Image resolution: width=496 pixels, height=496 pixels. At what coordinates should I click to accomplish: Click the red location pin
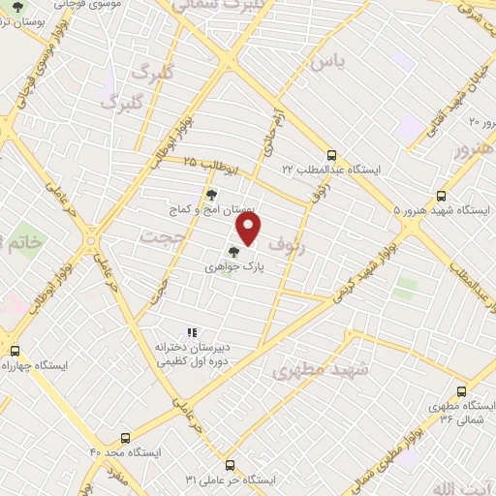click(249, 229)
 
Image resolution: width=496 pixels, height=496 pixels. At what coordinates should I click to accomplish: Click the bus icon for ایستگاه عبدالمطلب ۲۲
click(332, 154)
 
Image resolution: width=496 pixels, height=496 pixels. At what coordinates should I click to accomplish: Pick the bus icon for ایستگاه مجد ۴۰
click(124, 438)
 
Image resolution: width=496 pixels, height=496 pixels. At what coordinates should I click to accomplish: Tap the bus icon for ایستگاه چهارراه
click(14, 352)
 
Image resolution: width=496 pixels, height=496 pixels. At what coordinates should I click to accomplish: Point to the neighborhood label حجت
click(160, 237)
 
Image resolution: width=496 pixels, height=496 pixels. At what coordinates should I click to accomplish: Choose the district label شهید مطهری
click(308, 370)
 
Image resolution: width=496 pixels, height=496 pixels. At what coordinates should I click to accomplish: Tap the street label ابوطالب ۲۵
click(204, 161)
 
